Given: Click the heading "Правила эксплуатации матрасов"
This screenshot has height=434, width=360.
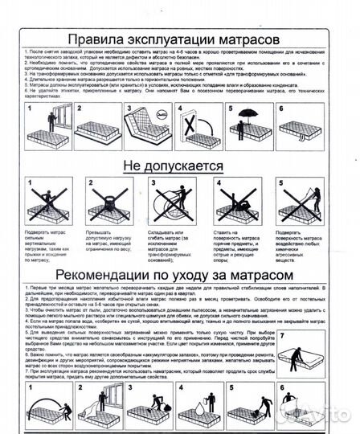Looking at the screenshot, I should pyautogui.click(x=174, y=39).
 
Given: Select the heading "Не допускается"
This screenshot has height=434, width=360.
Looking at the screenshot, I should pyautogui.click(x=171, y=166).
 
